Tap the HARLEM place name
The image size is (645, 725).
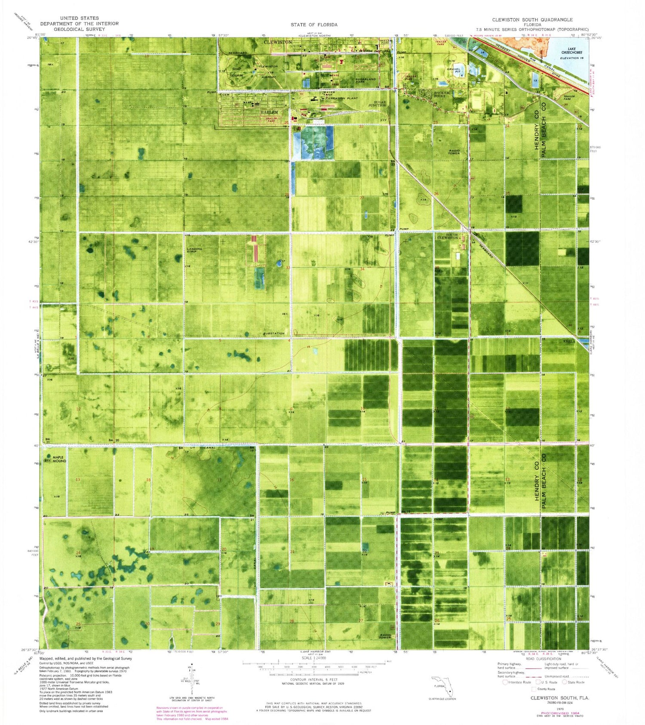point(270,112)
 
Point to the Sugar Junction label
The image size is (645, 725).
point(377,104)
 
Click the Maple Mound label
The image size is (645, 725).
point(59,459)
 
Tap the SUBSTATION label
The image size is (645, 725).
point(274,334)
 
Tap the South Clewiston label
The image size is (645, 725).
point(447,236)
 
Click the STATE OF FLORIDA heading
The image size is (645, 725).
point(314,25)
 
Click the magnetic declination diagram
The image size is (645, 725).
point(190,682)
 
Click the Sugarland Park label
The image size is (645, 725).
point(365,81)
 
